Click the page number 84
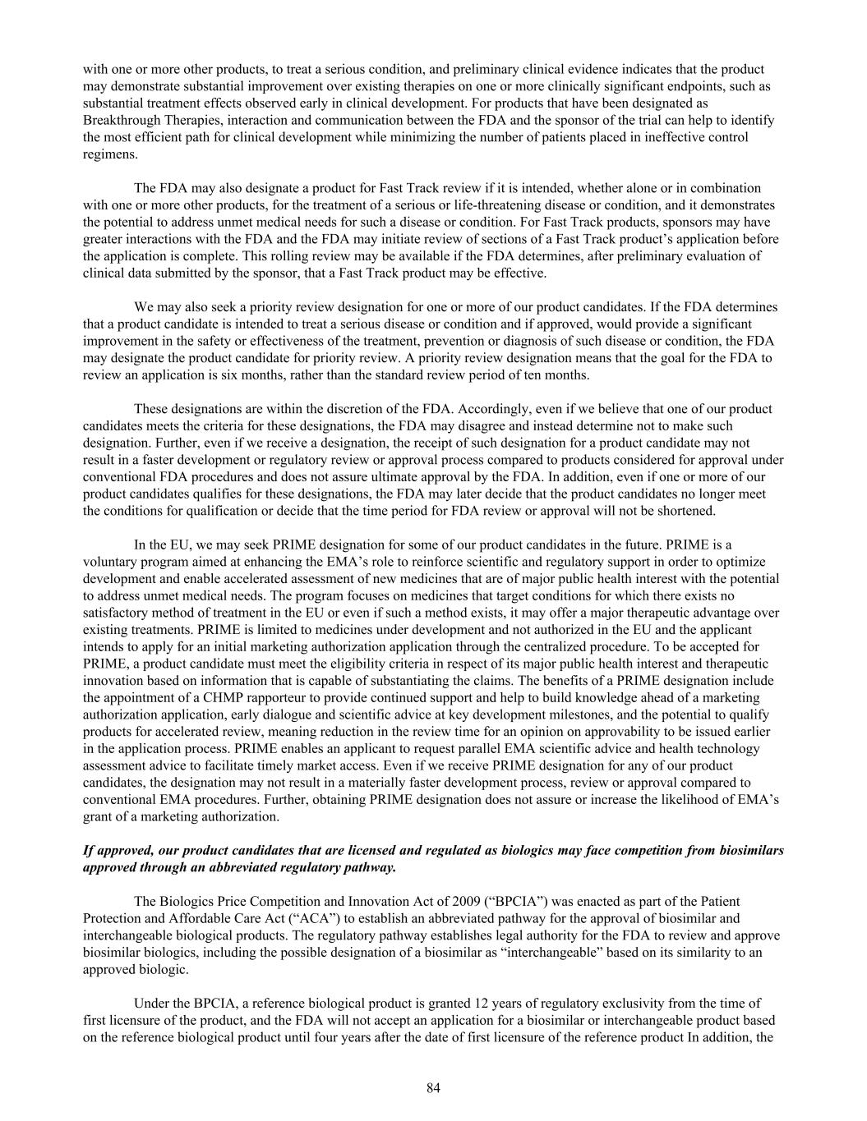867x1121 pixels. (x=434, y=1088)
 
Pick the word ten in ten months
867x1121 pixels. (x=549, y=375)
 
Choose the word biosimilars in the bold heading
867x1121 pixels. (x=751, y=850)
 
